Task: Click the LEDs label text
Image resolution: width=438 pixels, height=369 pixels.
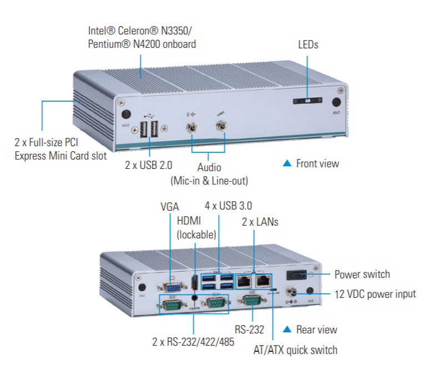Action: pos(308,44)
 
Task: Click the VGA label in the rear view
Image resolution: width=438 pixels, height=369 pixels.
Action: pos(169,207)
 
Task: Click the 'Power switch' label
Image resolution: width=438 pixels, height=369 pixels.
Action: pos(362,274)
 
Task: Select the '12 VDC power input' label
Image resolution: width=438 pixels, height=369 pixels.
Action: pos(375,294)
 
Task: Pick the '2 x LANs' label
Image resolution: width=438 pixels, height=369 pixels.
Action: pos(260,222)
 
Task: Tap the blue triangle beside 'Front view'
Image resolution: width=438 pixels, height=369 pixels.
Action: pos(287,163)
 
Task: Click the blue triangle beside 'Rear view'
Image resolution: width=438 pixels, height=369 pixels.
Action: pos(287,330)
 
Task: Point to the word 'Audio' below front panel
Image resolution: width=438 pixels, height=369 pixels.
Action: pos(209,167)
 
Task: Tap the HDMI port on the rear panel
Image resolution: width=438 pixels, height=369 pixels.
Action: pos(195,283)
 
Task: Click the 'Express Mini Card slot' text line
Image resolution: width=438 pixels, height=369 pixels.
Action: pos(61,156)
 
